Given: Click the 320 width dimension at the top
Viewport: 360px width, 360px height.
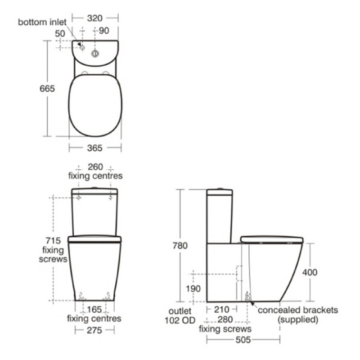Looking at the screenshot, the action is coord(94,18).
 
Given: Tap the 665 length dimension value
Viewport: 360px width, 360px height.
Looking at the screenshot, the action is coord(47,89).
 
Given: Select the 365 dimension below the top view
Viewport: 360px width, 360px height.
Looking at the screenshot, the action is coord(94,148).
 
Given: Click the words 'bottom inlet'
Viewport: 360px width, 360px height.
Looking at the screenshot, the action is coord(42,22).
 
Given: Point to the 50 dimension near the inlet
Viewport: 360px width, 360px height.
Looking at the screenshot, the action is coord(60,33).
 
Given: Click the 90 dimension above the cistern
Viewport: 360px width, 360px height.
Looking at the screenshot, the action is coord(104,31).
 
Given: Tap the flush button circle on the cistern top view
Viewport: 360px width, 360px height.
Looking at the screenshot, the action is coord(95,54).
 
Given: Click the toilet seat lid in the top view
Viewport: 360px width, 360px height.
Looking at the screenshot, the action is coord(95,106).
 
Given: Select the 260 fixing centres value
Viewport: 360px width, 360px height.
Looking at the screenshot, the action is coord(95,167).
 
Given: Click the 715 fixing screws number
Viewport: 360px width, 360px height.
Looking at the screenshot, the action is coord(53,241).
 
